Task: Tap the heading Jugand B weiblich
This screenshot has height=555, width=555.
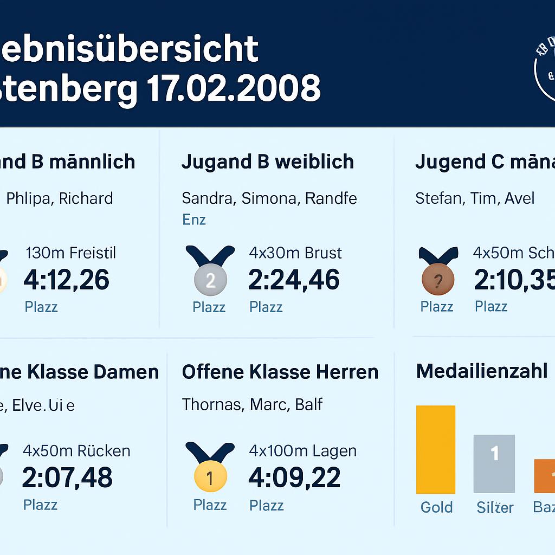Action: pyautogui.click(x=268, y=162)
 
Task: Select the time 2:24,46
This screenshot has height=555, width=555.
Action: pyautogui.click(x=294, y=280)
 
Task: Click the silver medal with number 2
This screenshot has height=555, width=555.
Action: pyautogui.click(x=210, y=280)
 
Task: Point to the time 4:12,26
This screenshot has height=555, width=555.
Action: pyautogui.click(x=66, y=280)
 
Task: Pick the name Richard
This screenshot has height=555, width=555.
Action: pyautogui.click(x=86, y=198)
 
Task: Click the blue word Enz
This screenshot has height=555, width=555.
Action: pyautogui.click(x=193, y=220)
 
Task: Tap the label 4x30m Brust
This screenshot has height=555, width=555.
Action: pyautogui.click(x=295, y=253)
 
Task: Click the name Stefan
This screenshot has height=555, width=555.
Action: pyautogui.click(x=439, y=198)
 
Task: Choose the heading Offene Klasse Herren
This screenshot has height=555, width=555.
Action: pyautogui.click(x=280, y=372)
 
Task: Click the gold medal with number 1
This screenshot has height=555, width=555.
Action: pyautogui.click(x=210, y=477)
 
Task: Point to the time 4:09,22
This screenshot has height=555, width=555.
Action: pyautogui.click(x=294, y=477)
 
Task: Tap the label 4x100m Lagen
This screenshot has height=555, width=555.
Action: pyautogui.click(x=302, y=451)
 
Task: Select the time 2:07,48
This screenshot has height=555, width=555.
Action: pyautogui.click(x=67, y=477)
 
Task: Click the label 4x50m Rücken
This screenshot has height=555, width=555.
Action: pyautogui.click(x=76, y=451)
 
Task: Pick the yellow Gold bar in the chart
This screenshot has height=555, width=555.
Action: pyautogui.click(x=436, y=449)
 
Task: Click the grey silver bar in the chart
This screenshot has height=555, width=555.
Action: pyautogui.click(x=494, y=463)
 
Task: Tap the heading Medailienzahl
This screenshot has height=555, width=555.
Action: pyautogui.click(x=481, y=372)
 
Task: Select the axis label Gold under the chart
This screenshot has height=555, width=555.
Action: pyautogui.click(x=436, y=507)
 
